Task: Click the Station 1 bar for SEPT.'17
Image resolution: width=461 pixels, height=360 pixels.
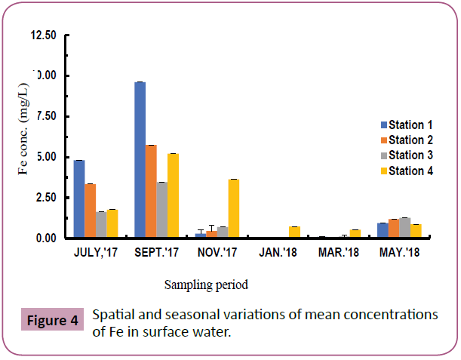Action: pos(140,160)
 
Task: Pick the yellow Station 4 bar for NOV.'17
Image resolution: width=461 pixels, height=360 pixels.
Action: pos(234,209)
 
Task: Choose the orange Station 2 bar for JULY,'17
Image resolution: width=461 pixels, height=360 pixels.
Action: pos(90,211)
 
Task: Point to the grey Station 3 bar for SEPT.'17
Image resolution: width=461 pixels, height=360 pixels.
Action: pos(161,210)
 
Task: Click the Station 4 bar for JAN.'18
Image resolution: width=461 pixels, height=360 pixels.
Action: pos(294,232)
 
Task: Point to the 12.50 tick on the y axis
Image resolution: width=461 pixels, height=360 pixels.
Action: pos(44,35)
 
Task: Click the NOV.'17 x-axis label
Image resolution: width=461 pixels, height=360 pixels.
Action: pos(217,253)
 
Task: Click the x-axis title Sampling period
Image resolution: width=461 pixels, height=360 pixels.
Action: pos(206,285)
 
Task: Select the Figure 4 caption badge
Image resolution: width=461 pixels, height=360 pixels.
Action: pos(53,320)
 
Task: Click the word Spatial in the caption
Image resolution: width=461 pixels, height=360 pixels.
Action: pos(112,313)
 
